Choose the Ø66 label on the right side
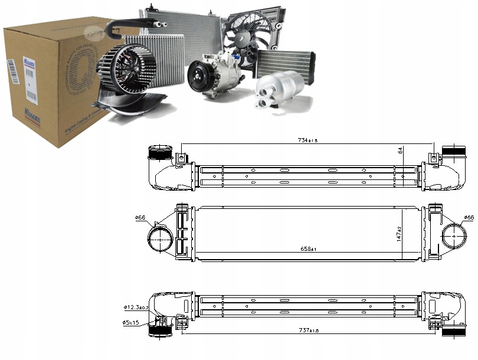(469, 218)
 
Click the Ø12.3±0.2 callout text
(136, 307)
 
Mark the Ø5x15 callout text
(131, 322)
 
